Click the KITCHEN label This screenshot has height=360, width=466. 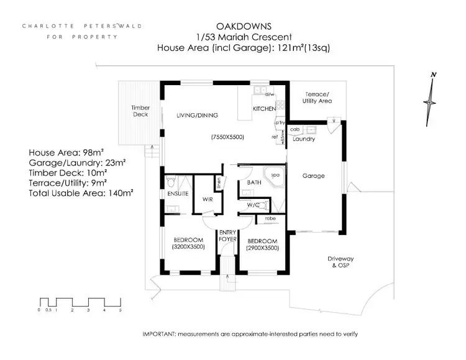263,109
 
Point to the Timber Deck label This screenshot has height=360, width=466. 140,111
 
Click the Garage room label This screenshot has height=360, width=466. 314,176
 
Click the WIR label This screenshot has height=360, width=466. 208,200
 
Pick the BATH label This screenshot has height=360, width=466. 254,183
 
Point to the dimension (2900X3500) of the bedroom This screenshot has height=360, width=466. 262,247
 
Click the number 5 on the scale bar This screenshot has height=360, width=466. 120,309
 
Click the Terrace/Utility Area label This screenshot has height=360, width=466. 317,97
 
